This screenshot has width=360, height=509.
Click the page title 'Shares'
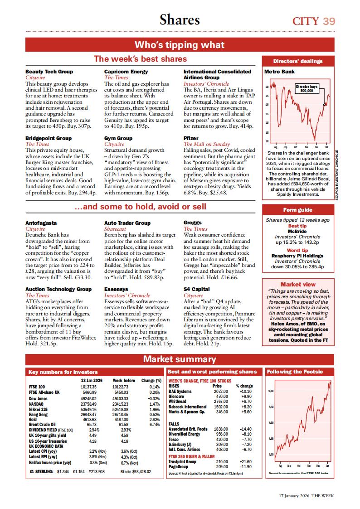pyautogui.click(x=180, y=20)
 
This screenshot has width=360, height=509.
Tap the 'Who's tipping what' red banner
pyautogui.click(x=180, y=44)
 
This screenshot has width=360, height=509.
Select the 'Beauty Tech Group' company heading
pyautogui.click(x=49, y=72)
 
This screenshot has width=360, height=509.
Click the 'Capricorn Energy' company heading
pyautogui.click(x=126, y=72)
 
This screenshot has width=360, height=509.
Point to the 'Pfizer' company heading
pyautogui.click(x=191, y=138)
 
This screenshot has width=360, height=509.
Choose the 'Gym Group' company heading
pyautogui.click(x=118, y=138)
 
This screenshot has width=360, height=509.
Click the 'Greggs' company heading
pyautogui.click(x=193, y=223)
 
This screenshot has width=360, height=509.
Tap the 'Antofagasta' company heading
pyautogui.click(x=41, y=223)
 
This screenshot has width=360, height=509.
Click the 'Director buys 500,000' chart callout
pyautogui.click(x=307, y=88)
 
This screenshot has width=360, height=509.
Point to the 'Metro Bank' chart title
pyautogui.click(x=279, y=72)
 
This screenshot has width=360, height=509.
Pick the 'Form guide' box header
pyautogui.click(x=298, y=210)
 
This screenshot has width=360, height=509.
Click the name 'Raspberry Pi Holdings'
pyautogui.click(x=297, y=256)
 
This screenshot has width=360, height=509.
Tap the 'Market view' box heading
pyautogui.click(x=298, y=284)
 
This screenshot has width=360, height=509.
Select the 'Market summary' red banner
pyautogui.click(x=180, y=359)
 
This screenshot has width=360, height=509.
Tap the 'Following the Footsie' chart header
pyautogui.click(x=295, y=372)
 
